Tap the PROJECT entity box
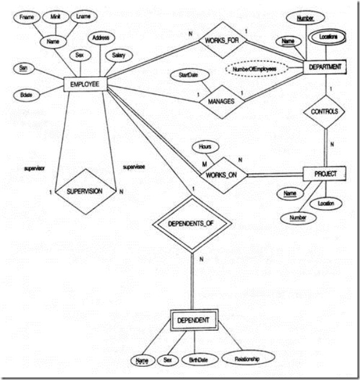click(325, 174)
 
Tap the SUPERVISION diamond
click(91, 192)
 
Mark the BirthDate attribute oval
click(197, 360)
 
